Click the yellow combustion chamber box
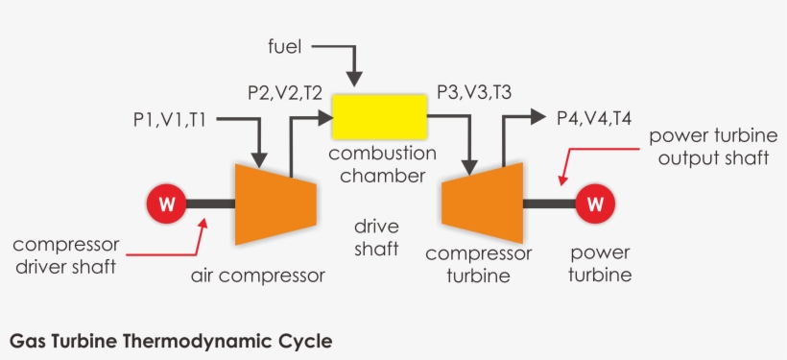[x=380, y=116]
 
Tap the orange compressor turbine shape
[x=481, y=203]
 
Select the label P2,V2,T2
[x=285, y=93]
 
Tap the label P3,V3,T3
[x=474, y=92]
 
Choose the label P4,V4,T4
[x=594, y=118]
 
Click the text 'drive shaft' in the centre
[x=376, y=239]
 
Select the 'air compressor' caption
[x=258, y=276]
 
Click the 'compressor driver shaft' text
[x=65, y=255]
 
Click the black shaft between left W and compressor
[x=210, y=204]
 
